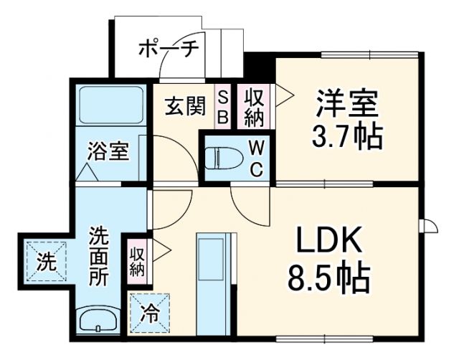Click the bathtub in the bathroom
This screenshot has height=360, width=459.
[110, 105]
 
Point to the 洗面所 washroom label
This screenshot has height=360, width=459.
[99, 255]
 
